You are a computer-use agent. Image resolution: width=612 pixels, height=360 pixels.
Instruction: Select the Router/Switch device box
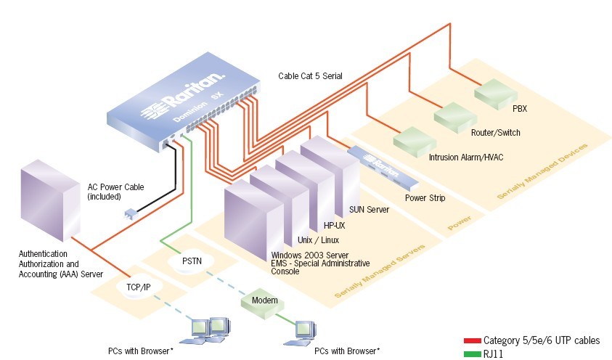point(454,116)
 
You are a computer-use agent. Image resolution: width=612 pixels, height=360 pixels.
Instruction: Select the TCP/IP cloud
point(137,287)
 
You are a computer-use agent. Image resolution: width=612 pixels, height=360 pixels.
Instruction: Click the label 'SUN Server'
point(370,210)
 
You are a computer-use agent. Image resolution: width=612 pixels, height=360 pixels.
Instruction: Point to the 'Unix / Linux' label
point(319,240)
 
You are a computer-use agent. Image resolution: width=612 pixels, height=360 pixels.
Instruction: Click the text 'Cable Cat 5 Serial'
point(310,75)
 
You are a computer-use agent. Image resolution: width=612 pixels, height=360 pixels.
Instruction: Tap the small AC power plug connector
point(130,215)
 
